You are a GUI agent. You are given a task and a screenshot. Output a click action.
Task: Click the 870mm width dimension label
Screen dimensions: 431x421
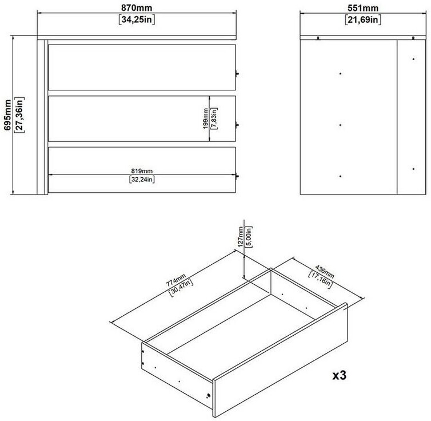[137, 7]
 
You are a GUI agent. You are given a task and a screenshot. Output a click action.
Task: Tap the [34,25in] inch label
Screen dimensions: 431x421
[137, 19]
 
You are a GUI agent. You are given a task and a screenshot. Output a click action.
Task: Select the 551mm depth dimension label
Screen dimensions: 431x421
[363, 8]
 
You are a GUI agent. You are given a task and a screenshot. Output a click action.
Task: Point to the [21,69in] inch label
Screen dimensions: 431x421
[363, 20]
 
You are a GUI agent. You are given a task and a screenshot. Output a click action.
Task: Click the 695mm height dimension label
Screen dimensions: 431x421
[7, 115]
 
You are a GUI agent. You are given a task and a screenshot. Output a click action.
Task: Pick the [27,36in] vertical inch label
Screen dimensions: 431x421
[19, 115]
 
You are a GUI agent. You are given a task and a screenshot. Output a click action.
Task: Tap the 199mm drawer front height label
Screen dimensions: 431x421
[205, 118]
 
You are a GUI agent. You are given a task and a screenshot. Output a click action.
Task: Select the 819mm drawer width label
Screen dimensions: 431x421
[142, 171]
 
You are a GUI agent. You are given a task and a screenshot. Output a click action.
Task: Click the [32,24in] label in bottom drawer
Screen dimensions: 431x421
[142, 180]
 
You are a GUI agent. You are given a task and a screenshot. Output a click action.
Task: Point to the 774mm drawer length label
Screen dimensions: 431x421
[176, 280]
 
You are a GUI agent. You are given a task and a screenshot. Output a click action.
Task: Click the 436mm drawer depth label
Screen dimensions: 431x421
[325, 272]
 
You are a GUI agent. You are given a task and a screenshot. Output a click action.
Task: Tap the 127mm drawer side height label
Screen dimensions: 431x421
[241, 236]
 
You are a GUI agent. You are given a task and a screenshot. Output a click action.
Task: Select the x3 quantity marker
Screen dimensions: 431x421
[340, 375]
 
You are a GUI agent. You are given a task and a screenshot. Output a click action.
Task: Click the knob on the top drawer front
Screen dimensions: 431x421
[237, 74]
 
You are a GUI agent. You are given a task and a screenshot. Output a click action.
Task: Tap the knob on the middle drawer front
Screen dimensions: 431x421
[237, 125]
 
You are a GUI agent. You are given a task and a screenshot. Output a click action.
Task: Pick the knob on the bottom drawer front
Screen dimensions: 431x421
[237, 176]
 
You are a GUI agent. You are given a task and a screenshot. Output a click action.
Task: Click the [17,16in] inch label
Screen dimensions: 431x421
[320, 280]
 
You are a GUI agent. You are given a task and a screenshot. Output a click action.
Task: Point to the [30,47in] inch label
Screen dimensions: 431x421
[181, 288]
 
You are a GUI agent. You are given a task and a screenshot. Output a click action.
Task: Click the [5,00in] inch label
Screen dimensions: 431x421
[249, 237]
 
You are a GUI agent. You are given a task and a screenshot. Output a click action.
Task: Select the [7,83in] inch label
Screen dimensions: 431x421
[214, 118]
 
